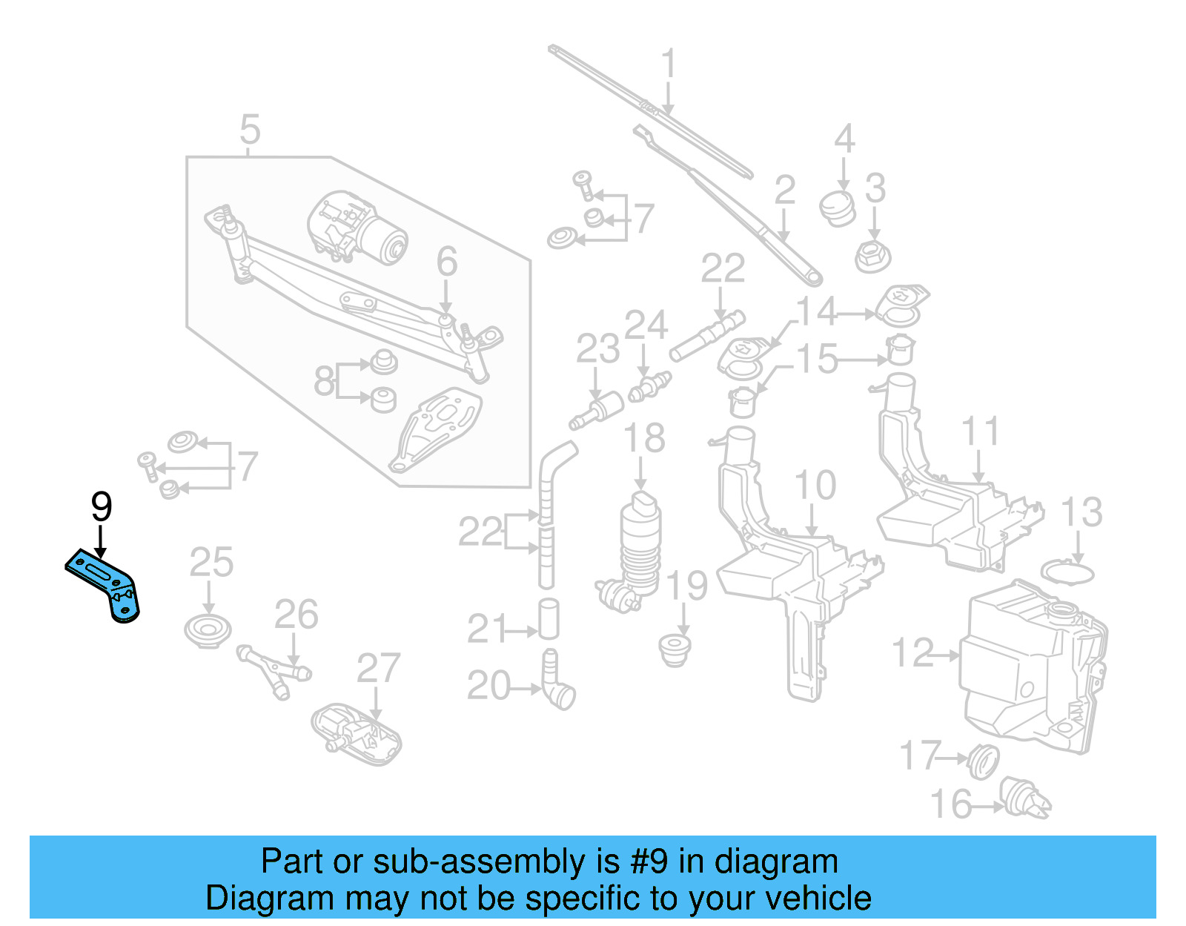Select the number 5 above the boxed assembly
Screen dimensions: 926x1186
pyautogui.click(x=250, y=130)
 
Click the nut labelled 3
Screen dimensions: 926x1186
pyautogui.click(x=872, y=256)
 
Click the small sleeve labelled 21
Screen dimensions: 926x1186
pyautogui.click(x=549, y=619)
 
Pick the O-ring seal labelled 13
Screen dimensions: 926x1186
pyautogui.click(x=1067, y=572)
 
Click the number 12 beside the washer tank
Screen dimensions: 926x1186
pyautogui.click(x=913, y=653)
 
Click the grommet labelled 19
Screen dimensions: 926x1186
pyautogui.click(x=675, y=649)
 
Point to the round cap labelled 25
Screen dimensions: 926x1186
pyautogui.click(x=208, y=631)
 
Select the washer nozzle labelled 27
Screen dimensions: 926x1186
pyautogui.click(x=357, y=735)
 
